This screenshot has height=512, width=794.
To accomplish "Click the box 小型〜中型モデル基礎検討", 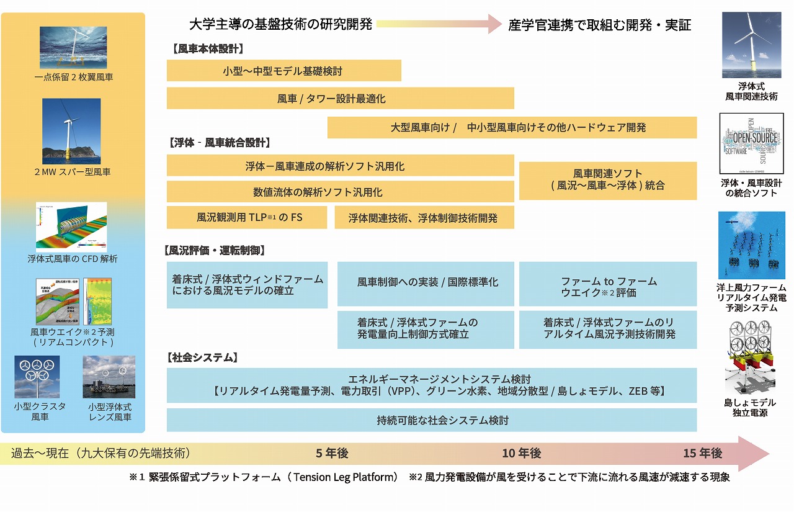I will pos(283,71).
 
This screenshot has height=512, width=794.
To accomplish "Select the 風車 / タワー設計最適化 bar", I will pos(340,98).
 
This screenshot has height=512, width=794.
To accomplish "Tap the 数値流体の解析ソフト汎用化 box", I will pos(340,192).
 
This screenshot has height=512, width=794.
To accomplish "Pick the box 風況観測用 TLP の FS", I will pos(246,218).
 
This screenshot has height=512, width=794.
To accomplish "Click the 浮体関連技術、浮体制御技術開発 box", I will pos(424,218).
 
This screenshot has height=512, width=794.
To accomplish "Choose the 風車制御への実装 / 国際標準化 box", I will pos(426,283).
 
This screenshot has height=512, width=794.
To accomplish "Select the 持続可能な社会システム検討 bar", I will pos(431,420).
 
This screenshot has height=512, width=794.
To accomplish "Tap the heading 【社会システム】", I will pos(202,357).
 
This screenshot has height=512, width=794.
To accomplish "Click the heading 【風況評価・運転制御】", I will pos(215,251).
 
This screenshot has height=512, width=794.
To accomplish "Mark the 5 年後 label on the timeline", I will pos(332,454).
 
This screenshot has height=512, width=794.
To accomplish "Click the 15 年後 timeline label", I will pos(702,454).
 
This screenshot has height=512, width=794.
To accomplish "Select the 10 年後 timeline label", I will pos(521,454).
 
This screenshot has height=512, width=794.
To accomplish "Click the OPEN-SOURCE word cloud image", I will pos(751,143).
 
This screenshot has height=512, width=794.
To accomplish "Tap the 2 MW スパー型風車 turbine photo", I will pos(71,131).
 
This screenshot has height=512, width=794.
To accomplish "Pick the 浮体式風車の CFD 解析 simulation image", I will pos(71,226).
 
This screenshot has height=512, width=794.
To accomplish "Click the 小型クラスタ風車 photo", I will pos(37,377).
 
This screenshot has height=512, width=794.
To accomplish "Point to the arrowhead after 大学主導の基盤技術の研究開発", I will pos(494,24).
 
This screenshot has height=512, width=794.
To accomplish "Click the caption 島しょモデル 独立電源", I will pos(750,408).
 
